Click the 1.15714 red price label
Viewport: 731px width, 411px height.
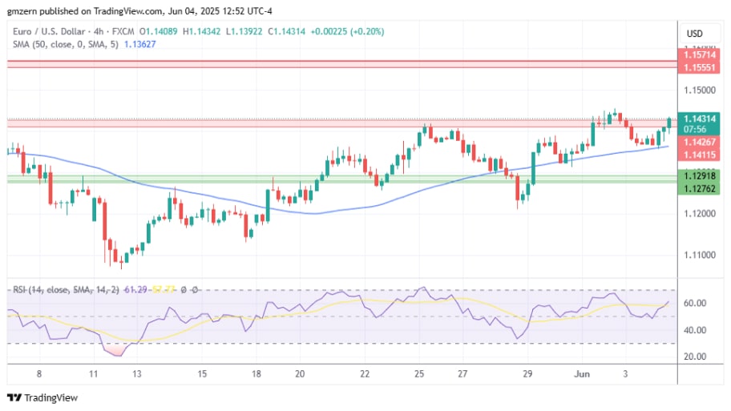[700, 55]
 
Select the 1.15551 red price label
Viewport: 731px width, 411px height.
[700, 69]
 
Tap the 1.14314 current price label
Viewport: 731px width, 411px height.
[700, 118]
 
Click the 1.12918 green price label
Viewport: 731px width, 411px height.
[700, 175]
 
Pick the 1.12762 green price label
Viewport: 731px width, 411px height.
[700, 188]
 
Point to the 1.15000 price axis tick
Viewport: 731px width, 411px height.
[700, 91]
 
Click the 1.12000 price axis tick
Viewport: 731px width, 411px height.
[700, 214]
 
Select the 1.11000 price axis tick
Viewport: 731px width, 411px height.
[700, 255]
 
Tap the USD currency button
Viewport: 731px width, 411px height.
[694, 34]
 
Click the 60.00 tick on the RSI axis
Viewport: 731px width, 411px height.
[695, 304]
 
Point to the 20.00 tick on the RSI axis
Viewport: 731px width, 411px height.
[695, 357]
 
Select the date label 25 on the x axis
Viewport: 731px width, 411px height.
[421, 374]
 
